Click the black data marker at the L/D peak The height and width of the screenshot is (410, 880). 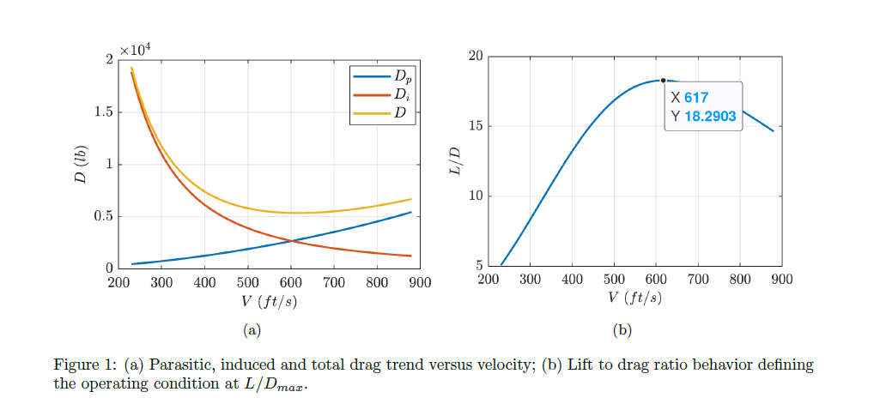pyautogui.click(x=663, y=81)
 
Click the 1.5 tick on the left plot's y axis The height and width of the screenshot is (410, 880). pyautogui.click(x=102, y=112)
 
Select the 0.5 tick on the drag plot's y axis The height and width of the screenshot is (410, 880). pyautogui.click(x=102, y=216)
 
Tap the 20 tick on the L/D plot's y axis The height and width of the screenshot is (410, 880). pyautogui.click(x=475, y=57)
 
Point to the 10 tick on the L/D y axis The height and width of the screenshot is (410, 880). pyautogui.click(x=475, y=196)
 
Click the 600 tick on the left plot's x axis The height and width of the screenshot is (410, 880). pyautogui.click(x=291, y=282)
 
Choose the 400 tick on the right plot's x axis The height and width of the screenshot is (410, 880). pyautogui.click(x=572, y=279)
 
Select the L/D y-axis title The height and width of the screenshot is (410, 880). pyautogui.click(x=454, y=161)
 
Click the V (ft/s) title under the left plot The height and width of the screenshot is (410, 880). pyautogui.click(x=270, y=301)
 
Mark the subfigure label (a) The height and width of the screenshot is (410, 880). pyautogui.click(x=252, y=329)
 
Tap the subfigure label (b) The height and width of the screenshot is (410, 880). pyautogui.click(x=622, y=329)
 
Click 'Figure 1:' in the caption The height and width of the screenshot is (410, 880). pyautogui.click(x=88, y=365)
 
